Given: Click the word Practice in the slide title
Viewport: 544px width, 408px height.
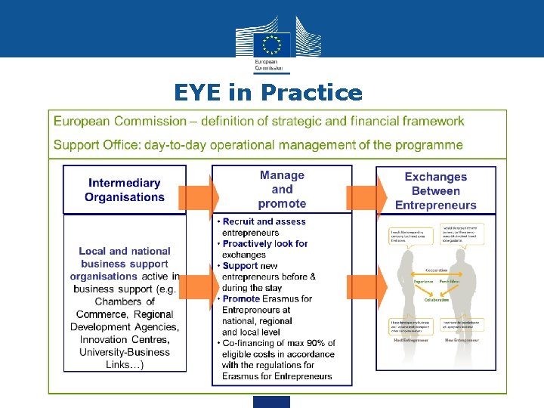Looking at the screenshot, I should [311, 93].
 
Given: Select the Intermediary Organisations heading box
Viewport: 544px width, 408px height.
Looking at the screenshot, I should [124, 190].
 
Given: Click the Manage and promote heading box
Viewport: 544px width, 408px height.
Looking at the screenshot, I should [282, 189].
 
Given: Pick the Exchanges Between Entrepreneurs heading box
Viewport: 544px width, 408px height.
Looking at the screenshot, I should [435, 190].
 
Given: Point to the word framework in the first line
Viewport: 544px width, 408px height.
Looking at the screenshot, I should [433, 121].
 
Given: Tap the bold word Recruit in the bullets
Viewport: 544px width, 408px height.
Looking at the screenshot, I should [243, 222].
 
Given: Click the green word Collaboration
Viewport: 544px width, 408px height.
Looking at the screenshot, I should [436, 299].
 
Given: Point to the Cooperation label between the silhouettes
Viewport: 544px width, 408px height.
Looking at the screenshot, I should [436, 270].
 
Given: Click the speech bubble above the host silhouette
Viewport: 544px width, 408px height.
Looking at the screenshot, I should [409, 234].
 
